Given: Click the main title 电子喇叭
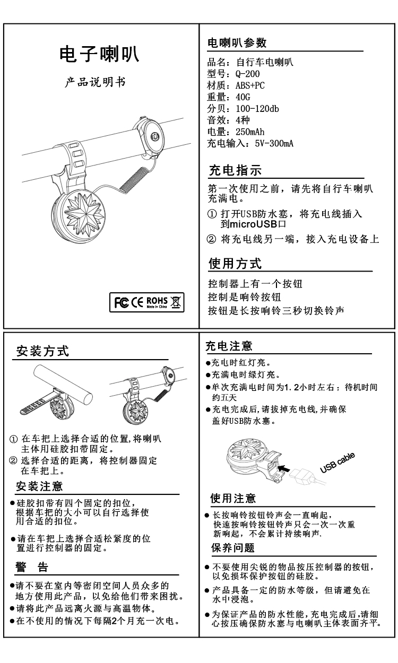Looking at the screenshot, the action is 99,54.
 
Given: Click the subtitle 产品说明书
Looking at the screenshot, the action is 95,82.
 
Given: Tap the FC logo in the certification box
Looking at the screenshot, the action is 122,302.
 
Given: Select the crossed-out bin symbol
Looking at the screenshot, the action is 176,302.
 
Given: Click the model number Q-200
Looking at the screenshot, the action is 248,74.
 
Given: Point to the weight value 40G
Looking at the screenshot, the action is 243,97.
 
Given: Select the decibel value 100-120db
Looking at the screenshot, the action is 257,109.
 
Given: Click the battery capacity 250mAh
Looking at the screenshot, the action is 250,132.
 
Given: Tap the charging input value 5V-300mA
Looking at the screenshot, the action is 274,144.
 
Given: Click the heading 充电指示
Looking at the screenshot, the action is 235,170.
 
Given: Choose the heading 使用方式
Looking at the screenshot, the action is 235,264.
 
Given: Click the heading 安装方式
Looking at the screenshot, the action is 42,351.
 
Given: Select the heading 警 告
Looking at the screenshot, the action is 32,567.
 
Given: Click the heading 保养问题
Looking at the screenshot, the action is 233,548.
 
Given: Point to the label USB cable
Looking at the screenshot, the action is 338,463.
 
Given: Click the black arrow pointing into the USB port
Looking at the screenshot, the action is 284,468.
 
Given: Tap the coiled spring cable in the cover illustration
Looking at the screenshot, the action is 135,179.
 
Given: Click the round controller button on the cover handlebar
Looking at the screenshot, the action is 154,137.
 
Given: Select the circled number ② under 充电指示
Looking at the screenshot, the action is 211,239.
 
